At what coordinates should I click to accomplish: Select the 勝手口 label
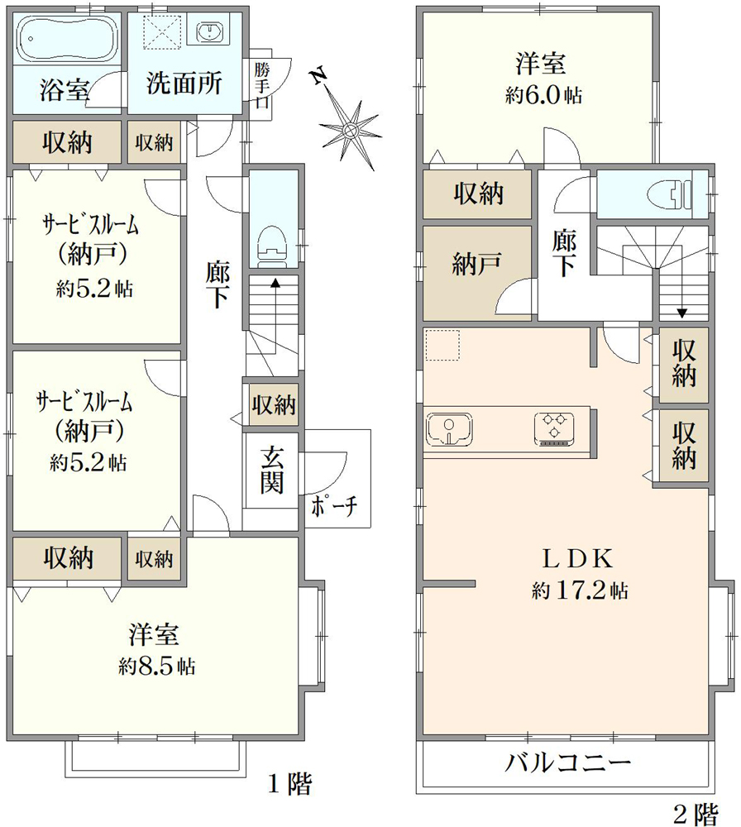coord(261,85)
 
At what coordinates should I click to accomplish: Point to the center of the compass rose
coord(349,129)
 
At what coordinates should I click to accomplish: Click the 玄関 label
coord(272,470)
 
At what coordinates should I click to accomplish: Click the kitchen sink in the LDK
coord(449,428)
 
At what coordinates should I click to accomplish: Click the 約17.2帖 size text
coord(580,590)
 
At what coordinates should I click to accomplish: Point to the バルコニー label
coord(567,762)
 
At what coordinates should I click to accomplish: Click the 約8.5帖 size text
coord(156,666)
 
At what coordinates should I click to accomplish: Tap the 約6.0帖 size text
coord(543,95)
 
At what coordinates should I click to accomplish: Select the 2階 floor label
coord(696,814)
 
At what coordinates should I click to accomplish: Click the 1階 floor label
coord(289,784)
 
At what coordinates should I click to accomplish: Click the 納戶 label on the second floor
coord(476,264)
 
